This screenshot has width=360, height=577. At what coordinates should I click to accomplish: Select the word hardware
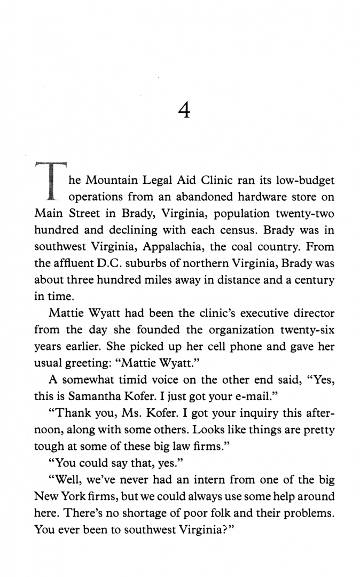coord(260,197)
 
